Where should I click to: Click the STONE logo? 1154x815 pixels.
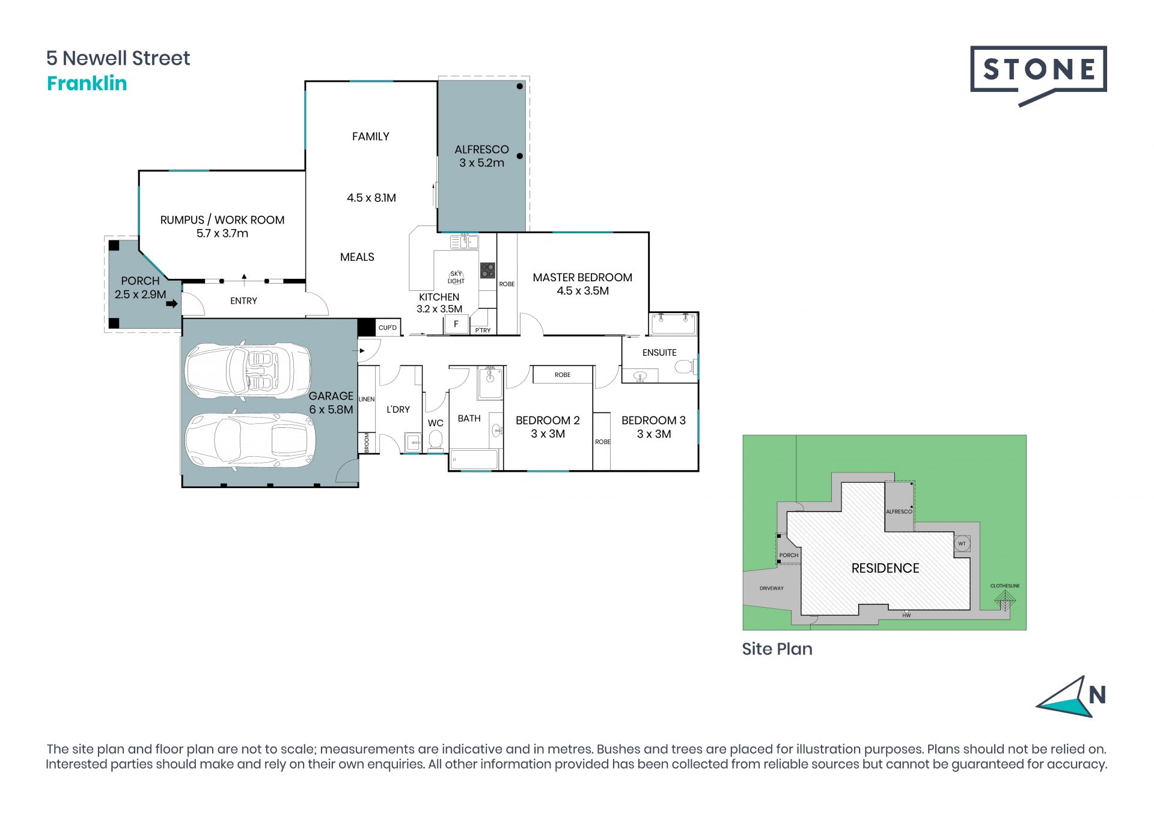[x=1038, y=75]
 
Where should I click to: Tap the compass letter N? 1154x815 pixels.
[x=1097, y=695]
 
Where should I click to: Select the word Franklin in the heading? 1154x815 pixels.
[x=87, y=83]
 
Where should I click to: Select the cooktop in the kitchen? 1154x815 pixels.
[x=487, y=270]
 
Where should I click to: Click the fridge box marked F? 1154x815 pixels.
[x=456, y=325]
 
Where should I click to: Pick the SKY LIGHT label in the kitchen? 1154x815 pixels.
[x=456, y=277]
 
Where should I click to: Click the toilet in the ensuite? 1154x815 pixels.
[x=686, y=366]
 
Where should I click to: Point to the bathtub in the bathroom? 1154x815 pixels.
[x=474, y=460]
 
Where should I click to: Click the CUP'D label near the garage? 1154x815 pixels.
[x=388, y=328]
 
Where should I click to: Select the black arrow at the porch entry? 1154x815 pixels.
[x=172, y=304]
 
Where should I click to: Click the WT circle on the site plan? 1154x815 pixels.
[x=962, y=543]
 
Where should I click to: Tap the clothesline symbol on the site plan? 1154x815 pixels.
[x=1004, y=600]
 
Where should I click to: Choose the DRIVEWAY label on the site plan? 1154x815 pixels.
[x=771, y=588]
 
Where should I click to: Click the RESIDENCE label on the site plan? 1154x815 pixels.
[x=885, y=568]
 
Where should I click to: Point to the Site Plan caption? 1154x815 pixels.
[x=777, y=649]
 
